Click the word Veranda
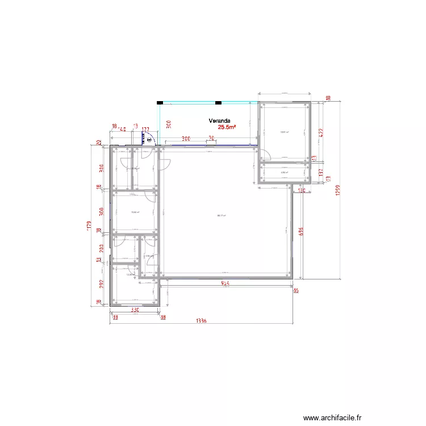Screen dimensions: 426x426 click(x=219, y=120)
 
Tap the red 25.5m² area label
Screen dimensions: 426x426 click(x=227, y=128)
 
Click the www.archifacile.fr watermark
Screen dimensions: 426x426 click(x=332, y=417)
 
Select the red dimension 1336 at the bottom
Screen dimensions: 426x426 click(x=201, y=321)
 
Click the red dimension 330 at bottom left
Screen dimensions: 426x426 click(x=135, y=310)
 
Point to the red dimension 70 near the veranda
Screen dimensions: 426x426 click(x=211, y=138)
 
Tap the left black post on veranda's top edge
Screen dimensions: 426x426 click(x=160, y=103)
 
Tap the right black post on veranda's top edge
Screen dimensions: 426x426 click(x=218, y=103)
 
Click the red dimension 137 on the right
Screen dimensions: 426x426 click(x=320, y=172)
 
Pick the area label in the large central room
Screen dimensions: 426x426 click(x=222, y=215)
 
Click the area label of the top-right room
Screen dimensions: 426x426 click(x=284, y=132)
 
